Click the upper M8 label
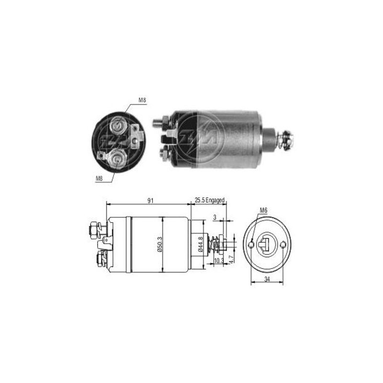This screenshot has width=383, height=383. tap(142, 100)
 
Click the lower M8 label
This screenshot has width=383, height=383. tap(99, 179)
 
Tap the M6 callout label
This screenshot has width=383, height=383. tap(264, 210)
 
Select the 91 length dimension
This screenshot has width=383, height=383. tap(150, 201)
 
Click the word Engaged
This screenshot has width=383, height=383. tap(214, 201)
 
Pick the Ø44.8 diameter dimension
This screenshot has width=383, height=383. tap(201, 244)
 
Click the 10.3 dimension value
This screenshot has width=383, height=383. tap(218, 260)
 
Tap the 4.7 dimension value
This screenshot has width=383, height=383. tap(231, 259)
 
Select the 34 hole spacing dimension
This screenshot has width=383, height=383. tap(267, 279)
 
